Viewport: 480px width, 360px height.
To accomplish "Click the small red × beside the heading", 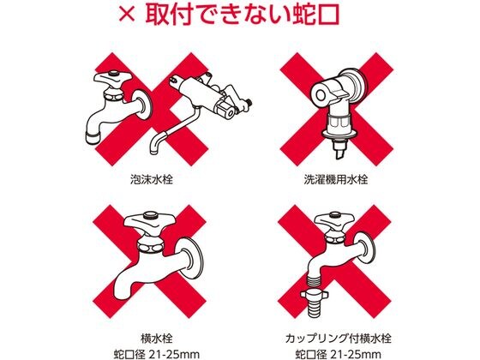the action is (127, 15).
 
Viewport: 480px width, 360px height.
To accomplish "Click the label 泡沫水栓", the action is (152, 179).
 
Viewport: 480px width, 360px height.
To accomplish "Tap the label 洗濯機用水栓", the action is (336, 179).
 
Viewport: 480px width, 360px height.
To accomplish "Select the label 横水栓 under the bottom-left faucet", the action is (156, 339).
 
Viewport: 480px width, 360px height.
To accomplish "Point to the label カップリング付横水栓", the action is (339, 339).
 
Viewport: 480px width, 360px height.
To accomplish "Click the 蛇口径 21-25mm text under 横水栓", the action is (156, 355).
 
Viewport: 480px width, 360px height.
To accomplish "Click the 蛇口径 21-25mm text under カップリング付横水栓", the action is (339, 355).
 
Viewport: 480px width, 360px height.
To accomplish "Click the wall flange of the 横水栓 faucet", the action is (192, 258).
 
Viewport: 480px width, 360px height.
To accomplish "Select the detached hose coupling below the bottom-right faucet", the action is (315, 304).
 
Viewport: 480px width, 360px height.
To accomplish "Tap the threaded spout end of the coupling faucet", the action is (315, 279).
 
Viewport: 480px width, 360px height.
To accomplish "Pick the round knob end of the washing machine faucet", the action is (321, 95).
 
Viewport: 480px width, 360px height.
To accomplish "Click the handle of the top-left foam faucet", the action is (112, 79).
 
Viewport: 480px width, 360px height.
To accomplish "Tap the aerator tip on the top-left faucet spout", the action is (93, 136).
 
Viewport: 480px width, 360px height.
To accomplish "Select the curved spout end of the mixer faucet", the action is (153, 145).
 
